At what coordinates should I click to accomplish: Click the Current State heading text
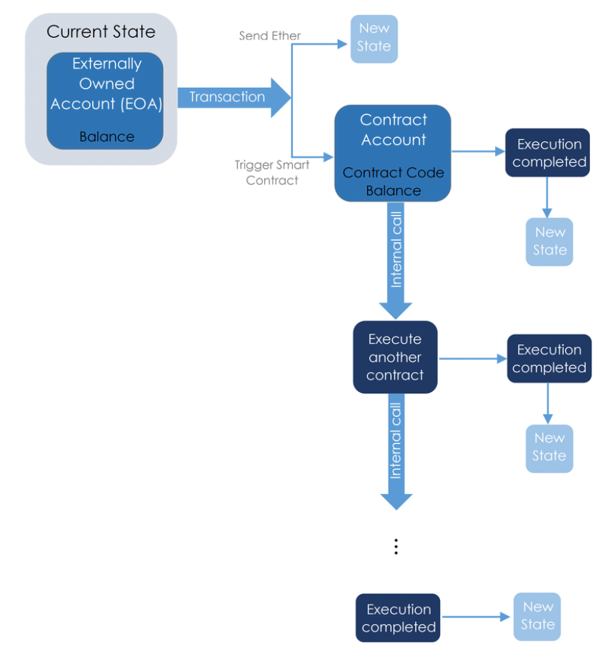point(101,32)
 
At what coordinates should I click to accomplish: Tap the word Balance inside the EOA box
point(106,136)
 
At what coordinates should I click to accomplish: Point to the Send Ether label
point(269,36)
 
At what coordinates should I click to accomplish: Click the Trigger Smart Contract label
point(271,172)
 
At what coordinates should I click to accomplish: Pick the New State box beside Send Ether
point(374,39)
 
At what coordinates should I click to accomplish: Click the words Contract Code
point(393,173)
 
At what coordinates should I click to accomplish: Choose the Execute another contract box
point(395,357)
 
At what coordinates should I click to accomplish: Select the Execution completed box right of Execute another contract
point(549,358)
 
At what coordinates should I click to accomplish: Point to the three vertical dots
point(396,546)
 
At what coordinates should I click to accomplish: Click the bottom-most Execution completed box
point(398,618)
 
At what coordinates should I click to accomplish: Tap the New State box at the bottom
point(537,616)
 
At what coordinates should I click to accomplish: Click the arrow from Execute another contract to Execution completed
point(471,358)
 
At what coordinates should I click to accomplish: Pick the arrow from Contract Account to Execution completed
point(477,151)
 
